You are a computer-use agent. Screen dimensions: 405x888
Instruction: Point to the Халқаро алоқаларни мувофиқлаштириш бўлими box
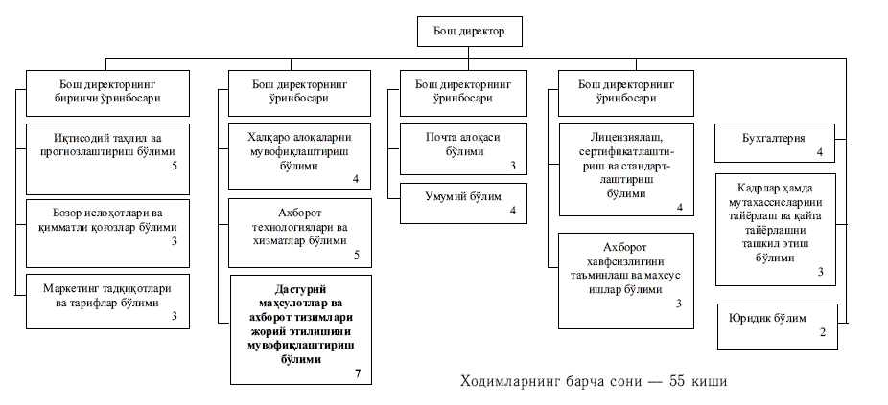(x=299, y=153)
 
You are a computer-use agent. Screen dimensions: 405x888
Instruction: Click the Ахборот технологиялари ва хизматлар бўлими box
(x=299, y=233)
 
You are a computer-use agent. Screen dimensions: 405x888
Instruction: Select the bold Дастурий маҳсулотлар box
(x=299, y=329)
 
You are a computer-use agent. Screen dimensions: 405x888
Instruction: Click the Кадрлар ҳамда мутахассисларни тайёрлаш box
(x=775, y=229)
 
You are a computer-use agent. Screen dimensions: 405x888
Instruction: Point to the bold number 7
(x=357, y=372)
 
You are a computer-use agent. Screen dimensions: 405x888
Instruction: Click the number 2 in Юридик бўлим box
(x=822, y=332)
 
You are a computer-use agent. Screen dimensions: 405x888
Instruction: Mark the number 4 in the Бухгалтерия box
(x=821, y=152)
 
